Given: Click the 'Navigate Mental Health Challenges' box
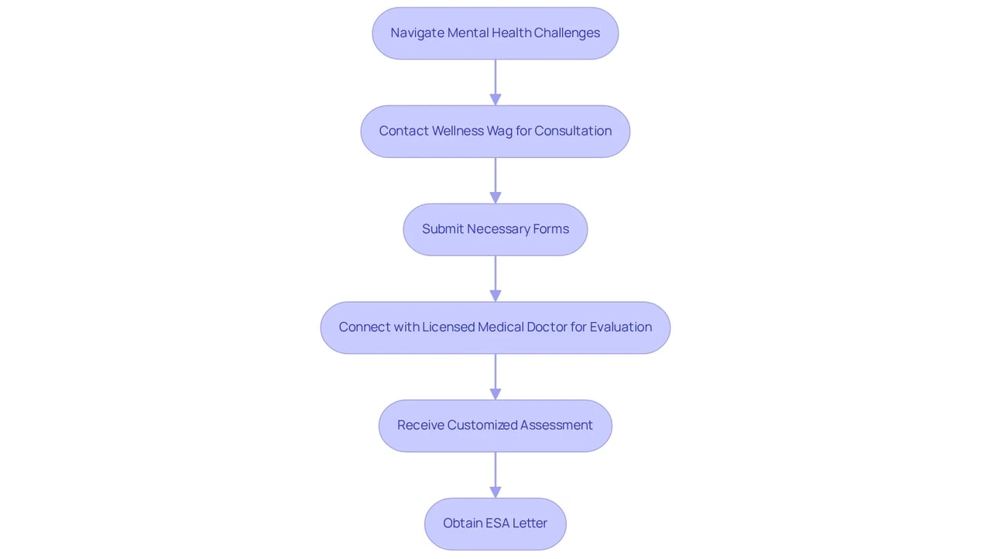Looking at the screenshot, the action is coord(495,33).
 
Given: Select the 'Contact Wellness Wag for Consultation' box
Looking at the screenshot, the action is coord(495,132).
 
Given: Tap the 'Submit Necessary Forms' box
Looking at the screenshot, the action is coord(495,229).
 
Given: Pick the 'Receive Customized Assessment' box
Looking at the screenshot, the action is coord(495,426).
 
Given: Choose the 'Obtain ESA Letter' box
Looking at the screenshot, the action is coord(495,524).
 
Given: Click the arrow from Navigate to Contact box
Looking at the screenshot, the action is coord(495,82).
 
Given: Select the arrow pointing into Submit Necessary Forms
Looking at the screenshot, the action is coord(495,180).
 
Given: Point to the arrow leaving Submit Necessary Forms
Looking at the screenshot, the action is coord(495,279).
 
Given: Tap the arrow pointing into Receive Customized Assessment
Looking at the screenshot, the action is coord(495,377).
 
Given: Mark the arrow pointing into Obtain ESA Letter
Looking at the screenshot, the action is coord(495,475).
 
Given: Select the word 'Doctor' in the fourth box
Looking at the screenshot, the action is coord(547,327).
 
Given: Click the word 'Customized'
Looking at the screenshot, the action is coord(482,425).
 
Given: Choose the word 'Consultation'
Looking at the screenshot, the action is coord(573,131).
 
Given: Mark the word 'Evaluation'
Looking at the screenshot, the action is coord(621,327).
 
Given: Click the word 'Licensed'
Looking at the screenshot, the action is coord(448,327).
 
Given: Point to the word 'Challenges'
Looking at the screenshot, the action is coord(567,33).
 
